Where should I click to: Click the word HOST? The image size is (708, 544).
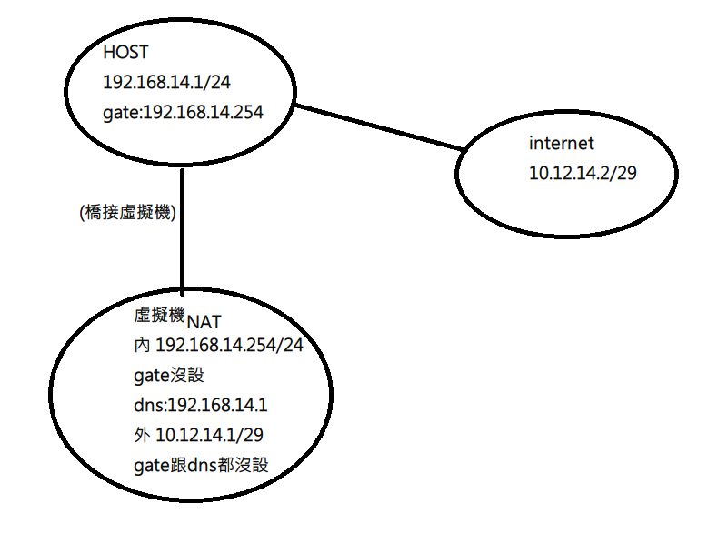[125, 52]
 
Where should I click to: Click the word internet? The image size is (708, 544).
[561, 143]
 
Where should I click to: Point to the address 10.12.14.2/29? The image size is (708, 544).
[583, 172]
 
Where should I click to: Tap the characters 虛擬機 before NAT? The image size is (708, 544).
[159, 316]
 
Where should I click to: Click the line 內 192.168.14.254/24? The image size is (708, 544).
[217, 346]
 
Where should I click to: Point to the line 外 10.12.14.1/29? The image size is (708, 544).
[204, 435]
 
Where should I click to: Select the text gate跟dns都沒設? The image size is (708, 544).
[201, 465]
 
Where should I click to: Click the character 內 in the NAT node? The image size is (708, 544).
[141, 346]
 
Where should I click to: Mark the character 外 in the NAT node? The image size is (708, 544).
[141, 435]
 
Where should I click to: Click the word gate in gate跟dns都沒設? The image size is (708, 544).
[149, 466]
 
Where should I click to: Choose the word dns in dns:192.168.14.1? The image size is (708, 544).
[146, 405]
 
